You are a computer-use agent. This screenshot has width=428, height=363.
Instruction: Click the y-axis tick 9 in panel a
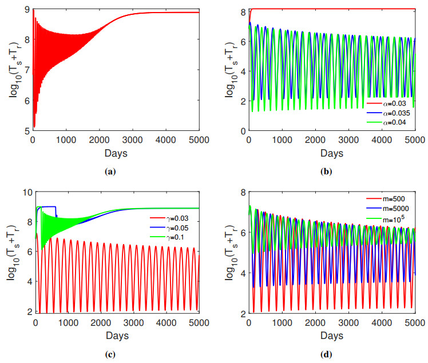pyautogui.click(x=25, y=10)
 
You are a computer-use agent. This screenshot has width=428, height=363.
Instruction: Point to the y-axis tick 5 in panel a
pyautogui.click(x=25, y=131)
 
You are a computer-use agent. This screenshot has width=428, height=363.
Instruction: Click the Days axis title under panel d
pyautogui.click(x=332, y=335)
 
